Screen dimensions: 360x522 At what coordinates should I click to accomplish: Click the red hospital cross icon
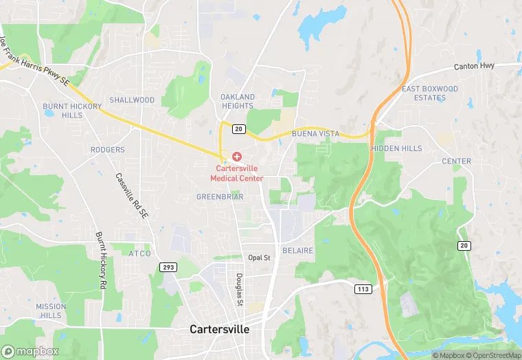pyautogui.click(x=237, y=157)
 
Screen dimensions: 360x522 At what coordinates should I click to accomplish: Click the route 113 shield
pyautogui.click(x=364, y=289)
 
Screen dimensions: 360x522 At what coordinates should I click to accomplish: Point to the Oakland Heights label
pyautogui.click(x=238, y=101)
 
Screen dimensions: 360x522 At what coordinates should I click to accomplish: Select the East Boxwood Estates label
pyautogui.click(x=430, y=93)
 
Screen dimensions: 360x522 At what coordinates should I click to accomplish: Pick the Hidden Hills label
pyautogui.click(x=396, y=148)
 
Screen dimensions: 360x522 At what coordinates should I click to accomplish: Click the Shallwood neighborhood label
pyautogui.click(x=132, y=100)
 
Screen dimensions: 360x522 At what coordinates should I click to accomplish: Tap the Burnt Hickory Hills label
pyautogui.click(x=72, y=111)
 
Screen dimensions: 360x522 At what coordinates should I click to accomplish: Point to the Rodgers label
pyautogui.click(x=108, y=149)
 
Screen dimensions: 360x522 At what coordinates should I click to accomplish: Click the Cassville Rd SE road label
pyautogui.click(x=131, y=196)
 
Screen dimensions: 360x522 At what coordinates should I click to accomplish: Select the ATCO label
pyautogui.click(x=139, y=254)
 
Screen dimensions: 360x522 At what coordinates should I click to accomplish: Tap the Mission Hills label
pyautogui.click(x=51, y=311)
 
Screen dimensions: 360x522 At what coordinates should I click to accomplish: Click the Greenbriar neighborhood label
pyautogui.click(x=220, y=196)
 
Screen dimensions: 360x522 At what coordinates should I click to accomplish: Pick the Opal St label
pyautogui.click(x=259, y=257)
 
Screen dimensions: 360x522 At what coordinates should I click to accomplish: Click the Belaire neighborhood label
pyautogui.click(x=297, y=251)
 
